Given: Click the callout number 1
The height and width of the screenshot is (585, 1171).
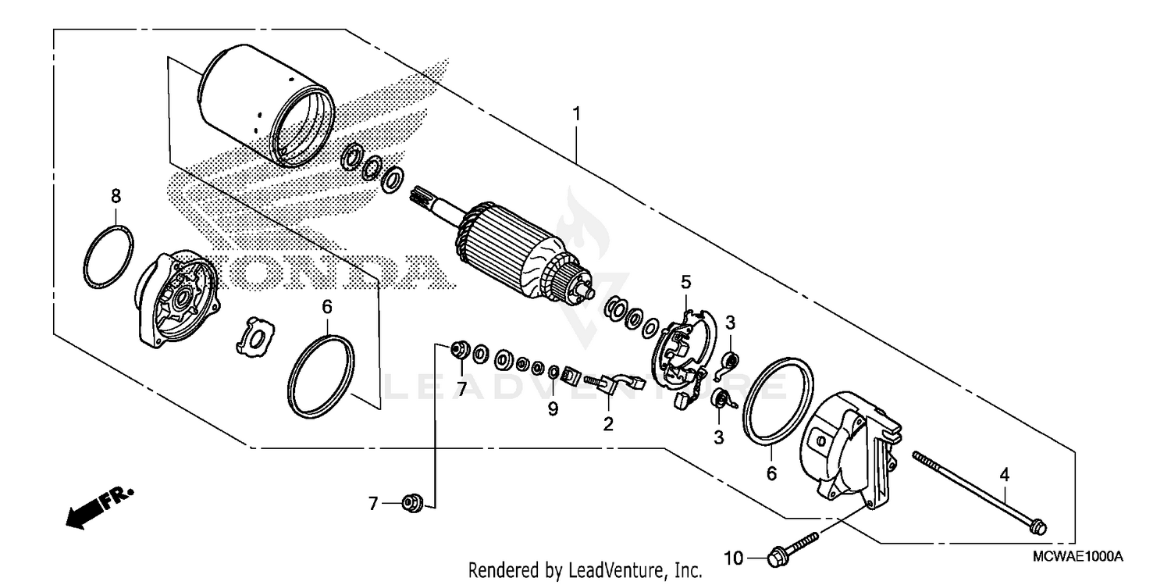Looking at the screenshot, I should coord(576,114).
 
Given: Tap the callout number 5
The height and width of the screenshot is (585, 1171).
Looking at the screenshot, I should coord(685,281).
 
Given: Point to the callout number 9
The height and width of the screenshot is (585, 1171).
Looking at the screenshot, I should coord(553,408).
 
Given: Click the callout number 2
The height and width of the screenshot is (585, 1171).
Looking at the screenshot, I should coord(607,424).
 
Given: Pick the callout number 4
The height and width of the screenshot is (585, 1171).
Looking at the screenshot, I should coord(1005,473).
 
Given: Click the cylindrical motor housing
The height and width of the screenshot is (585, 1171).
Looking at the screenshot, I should coord(265,109).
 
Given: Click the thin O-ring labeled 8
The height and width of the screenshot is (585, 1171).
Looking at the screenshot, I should coord(108,258).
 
